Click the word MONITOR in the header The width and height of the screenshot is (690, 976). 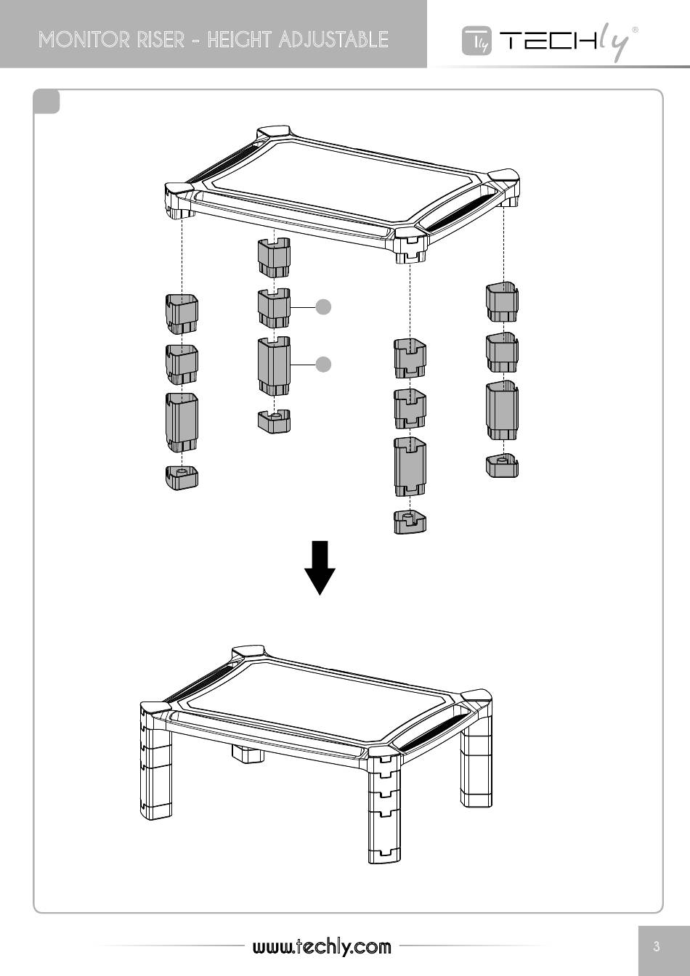pos(84,39)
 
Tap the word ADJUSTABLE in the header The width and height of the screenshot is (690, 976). pos(333,39)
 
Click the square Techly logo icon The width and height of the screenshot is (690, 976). pos(477,41)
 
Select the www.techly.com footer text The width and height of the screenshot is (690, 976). pos(322,946)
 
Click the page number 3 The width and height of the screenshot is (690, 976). pos(657,945)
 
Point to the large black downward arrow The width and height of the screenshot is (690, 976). pos(320,568)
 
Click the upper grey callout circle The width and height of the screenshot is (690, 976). pos(323,307)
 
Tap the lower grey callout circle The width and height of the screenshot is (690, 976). pos(323,365)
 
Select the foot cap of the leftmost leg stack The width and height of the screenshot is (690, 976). pos(182,478)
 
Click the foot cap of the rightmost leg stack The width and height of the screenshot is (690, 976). pos(502,465)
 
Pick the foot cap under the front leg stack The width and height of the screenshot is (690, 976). pos(410,521)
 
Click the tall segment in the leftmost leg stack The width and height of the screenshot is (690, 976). pos(182,423)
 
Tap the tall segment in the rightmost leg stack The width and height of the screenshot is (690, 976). pos(502,410)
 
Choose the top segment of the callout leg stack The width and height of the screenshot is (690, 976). pos(274,258)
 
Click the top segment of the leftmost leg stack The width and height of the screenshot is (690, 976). pos(182,314)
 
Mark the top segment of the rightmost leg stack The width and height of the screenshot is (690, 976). pos(502,303)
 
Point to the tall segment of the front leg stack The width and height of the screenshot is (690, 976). pos(410,467)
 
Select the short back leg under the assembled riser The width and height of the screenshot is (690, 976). pos(248,753)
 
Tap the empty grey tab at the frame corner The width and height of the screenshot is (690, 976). pos(46,102)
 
